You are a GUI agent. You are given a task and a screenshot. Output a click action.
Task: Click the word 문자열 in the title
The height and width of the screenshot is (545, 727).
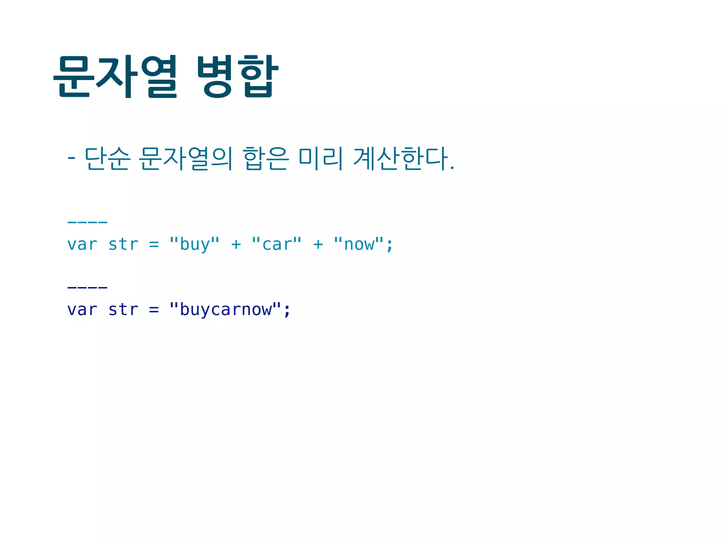click(x=115, y=76)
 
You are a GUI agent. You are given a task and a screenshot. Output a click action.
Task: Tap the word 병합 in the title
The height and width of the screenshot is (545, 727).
click(x=237, y=76)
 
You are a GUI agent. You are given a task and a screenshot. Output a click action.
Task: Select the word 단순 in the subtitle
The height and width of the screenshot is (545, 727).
click(x=107, y=158)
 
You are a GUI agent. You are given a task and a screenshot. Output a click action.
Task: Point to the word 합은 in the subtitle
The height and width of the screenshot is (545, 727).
click(x=266, y=158)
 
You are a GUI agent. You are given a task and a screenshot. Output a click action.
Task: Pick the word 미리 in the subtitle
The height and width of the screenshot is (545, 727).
click(x=321, y=158)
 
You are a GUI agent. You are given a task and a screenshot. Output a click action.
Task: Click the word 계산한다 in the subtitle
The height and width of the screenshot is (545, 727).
click(x=401, y=158)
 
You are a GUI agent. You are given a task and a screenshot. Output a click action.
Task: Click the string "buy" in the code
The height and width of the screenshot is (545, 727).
click(x=195, y=244)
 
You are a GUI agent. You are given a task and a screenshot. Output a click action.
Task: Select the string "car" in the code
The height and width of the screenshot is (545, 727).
click(x=277, y=244)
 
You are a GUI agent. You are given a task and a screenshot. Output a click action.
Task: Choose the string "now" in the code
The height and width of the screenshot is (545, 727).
click(x=359, y=244)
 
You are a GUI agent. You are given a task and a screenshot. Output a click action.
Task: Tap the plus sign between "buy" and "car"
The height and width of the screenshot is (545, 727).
click(x=236, y=244)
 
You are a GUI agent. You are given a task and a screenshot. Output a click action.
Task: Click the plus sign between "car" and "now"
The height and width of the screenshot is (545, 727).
click(x=318, y=244)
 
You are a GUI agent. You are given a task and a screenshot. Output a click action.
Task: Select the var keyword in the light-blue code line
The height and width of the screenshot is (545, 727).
click(x=82, y=244)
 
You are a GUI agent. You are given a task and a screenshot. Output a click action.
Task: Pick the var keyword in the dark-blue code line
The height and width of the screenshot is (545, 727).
click(x=82, y=310)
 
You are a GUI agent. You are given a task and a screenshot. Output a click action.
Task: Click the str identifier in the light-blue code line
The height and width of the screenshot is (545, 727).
click(x=123, y=244)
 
